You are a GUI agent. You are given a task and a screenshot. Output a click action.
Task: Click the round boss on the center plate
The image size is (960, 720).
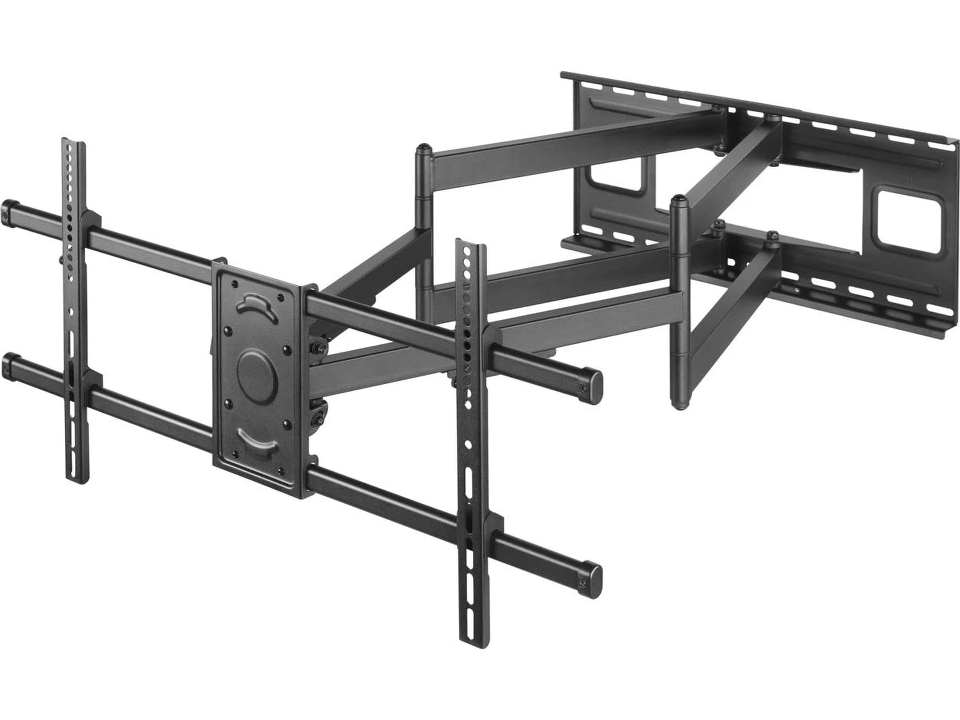[x=256, y=376]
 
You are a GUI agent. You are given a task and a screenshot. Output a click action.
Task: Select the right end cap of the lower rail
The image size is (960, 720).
[x=592, y=582]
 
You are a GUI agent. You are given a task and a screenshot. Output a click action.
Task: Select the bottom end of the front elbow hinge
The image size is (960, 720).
[x=680, y=406]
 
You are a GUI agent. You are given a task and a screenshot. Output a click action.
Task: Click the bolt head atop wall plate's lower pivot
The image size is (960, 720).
[x=772, y=235]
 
